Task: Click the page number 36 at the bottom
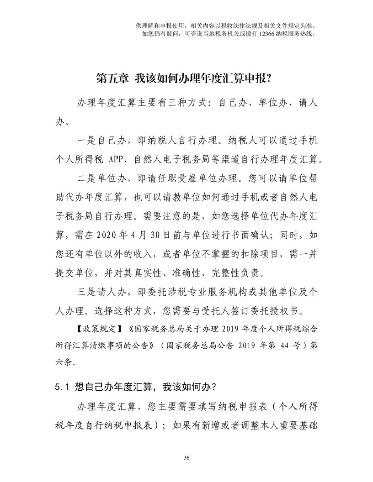[186, 458]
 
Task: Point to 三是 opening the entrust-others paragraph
[86, 292]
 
